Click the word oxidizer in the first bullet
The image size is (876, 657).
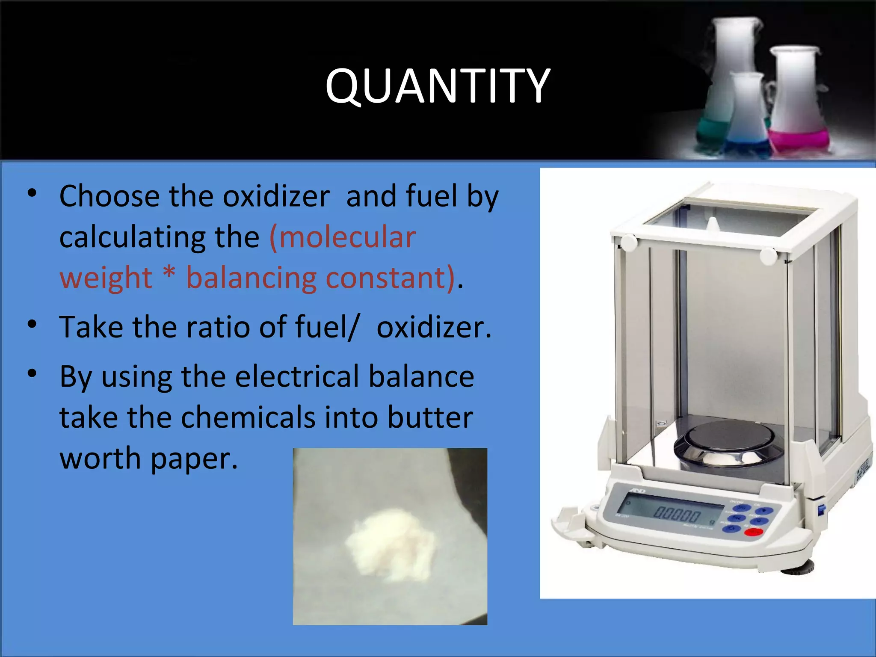[x=276, y=196]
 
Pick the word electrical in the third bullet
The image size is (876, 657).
[x=296, y=377]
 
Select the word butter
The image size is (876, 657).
[x=430, y=417]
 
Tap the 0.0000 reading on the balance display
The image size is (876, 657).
[x=677, y=514]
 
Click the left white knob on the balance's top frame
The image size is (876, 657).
[x=629, y=243]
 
